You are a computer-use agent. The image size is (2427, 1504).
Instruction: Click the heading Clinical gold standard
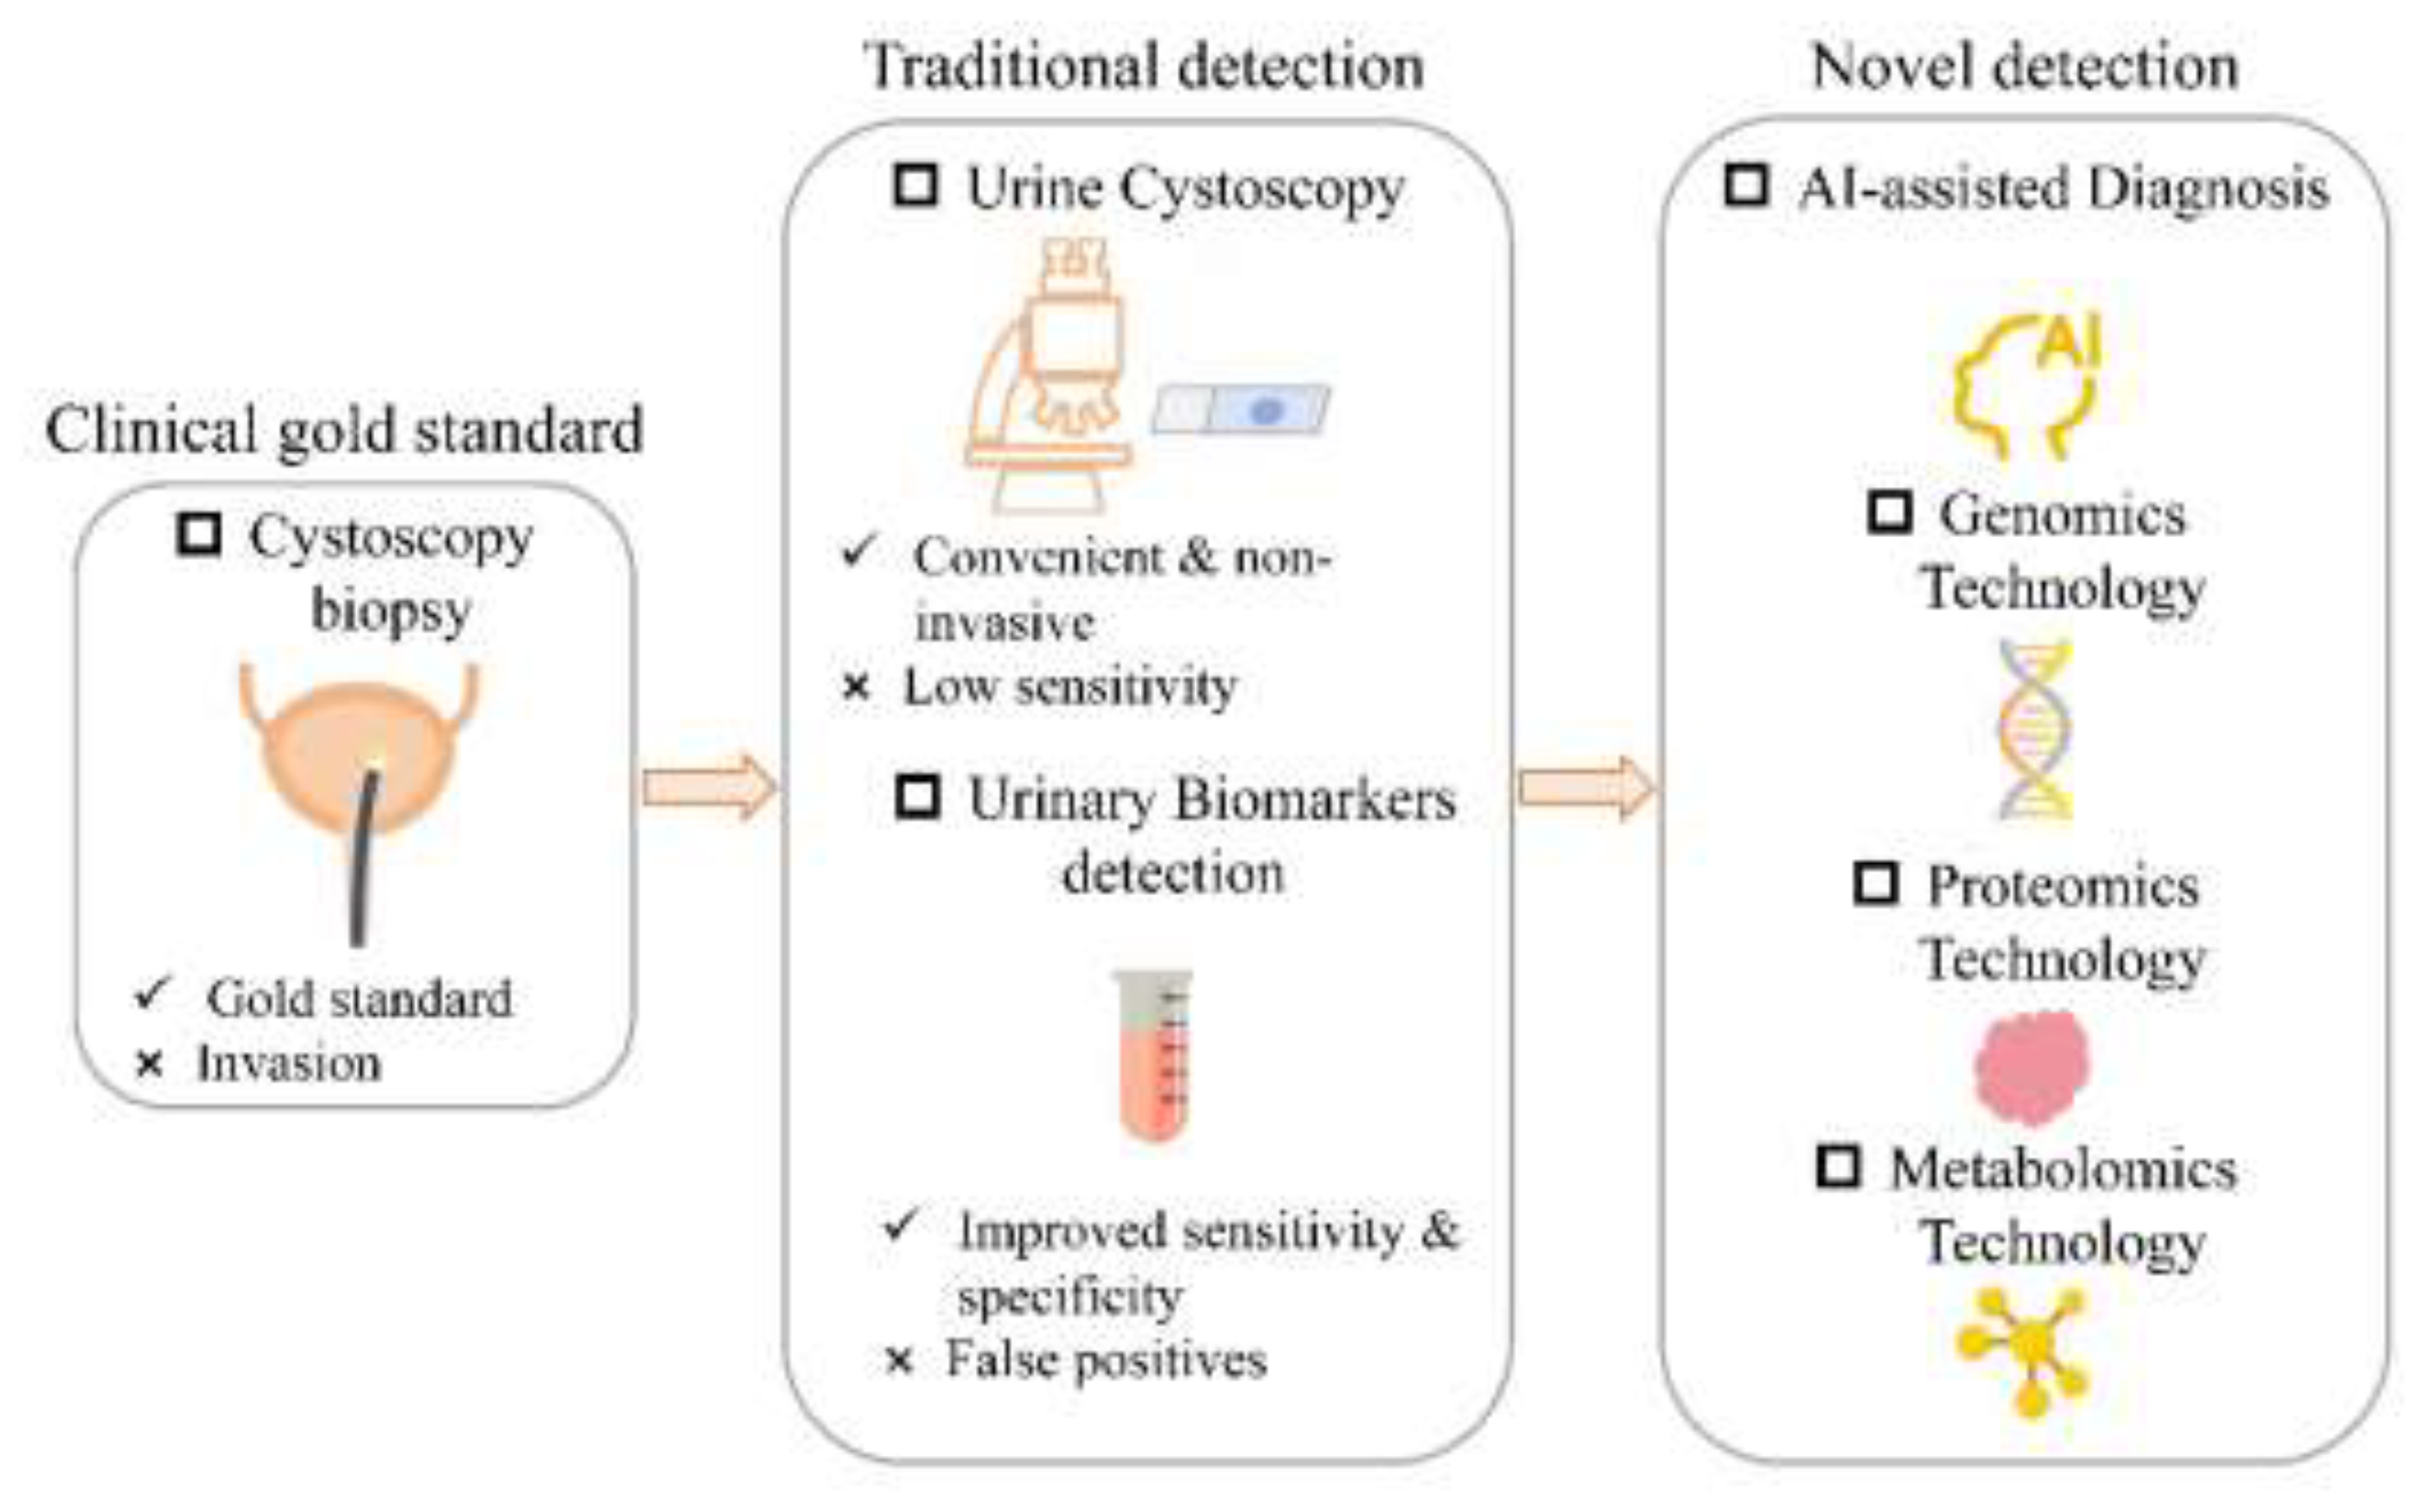coord(344,431)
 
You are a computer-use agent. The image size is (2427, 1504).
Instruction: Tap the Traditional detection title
coord(1144,67)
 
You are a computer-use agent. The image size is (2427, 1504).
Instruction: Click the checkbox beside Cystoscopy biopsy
coord(199,534)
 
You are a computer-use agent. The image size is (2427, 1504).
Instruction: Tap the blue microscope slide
coord(1241,410)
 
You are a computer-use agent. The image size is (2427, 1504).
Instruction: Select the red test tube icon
coord(1154,1054)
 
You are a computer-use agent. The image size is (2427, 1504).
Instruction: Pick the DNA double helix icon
coord(2035,731)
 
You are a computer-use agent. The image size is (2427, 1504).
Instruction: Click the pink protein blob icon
coord(2033,1067)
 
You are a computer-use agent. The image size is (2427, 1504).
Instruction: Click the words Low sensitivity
coord(1069,686)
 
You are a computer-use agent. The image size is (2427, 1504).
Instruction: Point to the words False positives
coord(1106,1359)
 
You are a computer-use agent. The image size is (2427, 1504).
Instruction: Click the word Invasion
coord(289,1063)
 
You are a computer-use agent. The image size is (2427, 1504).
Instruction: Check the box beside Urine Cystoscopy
coord(915,185)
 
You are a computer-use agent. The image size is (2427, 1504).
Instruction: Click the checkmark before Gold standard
coord(153,992)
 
